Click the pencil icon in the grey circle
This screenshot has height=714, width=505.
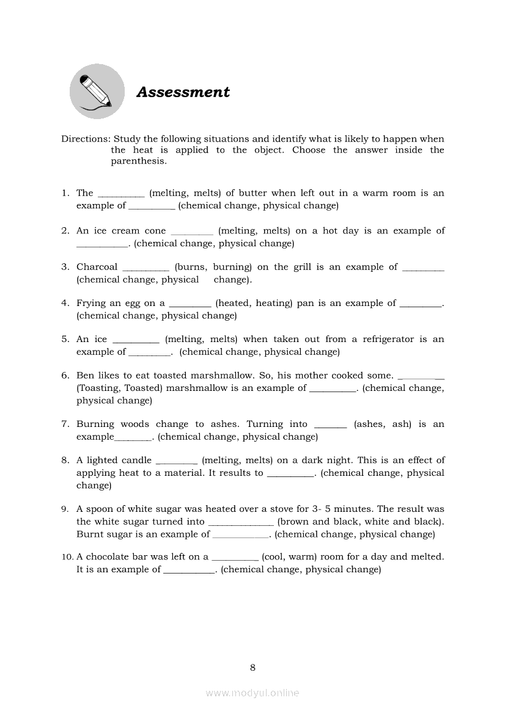click(97, 91)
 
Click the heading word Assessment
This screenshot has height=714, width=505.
click(183, 92)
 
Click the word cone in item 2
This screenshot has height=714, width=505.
click(155, 231)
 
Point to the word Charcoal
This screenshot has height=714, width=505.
click(97, 267)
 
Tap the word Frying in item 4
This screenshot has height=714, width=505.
click(91, 303)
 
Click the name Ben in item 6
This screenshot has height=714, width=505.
click(85, 376)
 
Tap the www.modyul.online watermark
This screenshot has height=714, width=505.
click(253, 693)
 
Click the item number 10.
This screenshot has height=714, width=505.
click(67, 557)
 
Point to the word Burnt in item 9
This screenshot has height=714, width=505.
click(89, 534)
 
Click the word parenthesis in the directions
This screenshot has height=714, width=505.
click(138, 161)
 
